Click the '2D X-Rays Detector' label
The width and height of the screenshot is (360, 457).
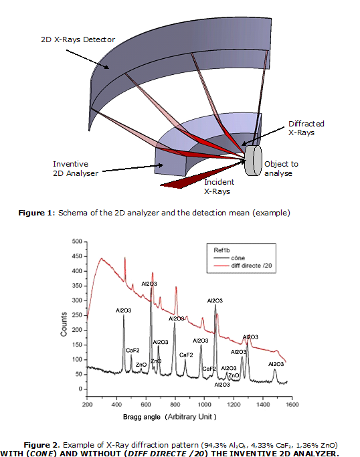tap(78, 39)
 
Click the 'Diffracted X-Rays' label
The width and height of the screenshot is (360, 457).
tap(306, 128)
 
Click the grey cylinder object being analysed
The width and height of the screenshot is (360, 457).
tap(254, 161)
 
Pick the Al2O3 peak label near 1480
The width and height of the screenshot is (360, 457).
tap(276, 364)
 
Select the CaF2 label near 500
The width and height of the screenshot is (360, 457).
tap(132, 350)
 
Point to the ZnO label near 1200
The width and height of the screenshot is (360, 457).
tap(234, 375)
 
